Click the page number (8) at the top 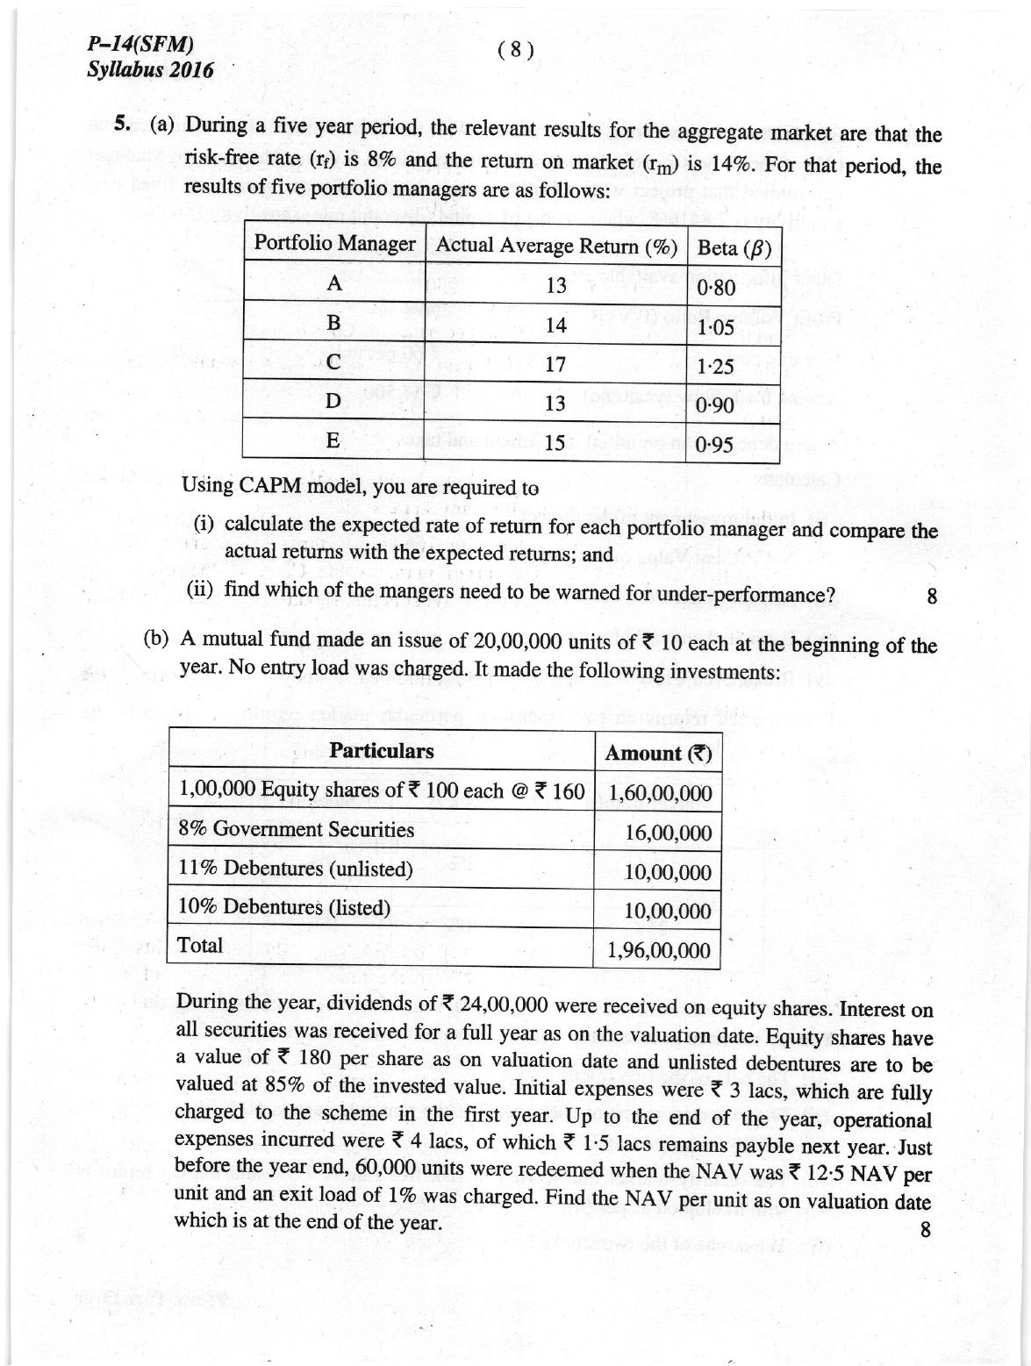click(x=515, y=50)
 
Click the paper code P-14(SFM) click(x=140, y=46)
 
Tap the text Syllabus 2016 click(x=150, y=70)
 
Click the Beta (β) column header click(x=733, y=248)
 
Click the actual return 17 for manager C click(x=555, y=363)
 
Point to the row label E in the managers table click(x=333, y=440)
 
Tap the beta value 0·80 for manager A click(x=715, y=288)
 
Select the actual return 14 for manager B click(x=555, y=325)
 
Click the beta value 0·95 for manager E click(x=713, y=446)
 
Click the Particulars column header click(x=381, y=751)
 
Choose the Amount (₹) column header click(x=657, y=753)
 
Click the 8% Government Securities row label click(x=296, y=829)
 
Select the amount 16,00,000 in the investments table click(x=668, y=833)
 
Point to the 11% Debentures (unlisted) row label click(x=295, y=869)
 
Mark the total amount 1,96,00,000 click(x=659, y=950)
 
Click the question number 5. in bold click(x=123, y=125)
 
